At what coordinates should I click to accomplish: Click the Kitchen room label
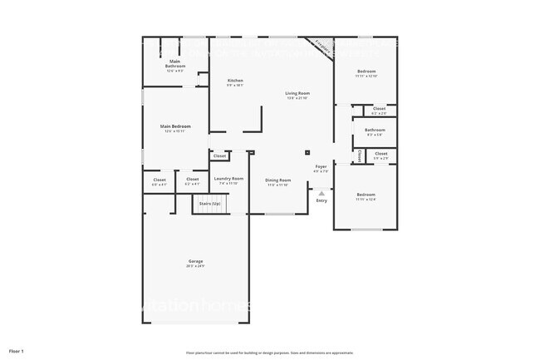click(235, 81)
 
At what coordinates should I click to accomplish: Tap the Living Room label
click(297, 93)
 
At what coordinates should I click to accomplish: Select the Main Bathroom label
click(175, 63)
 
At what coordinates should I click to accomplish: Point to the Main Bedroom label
click(175, 126)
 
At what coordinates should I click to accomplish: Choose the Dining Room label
click(278, 180)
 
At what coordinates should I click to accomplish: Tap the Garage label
click(195, 261)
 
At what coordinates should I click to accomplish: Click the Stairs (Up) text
click(210, 202)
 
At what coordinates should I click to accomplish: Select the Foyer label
click(322, 167)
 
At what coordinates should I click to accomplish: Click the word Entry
click(322, 200)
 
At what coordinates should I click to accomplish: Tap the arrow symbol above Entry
click(322, 193)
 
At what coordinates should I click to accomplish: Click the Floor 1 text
click(17, 352)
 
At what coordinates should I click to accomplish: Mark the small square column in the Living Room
click(307, 152)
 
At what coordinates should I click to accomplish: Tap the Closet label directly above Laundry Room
click(219, 155)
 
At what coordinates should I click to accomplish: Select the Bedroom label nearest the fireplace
click(366, 72)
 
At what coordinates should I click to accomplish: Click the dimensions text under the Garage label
click(195, 266)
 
